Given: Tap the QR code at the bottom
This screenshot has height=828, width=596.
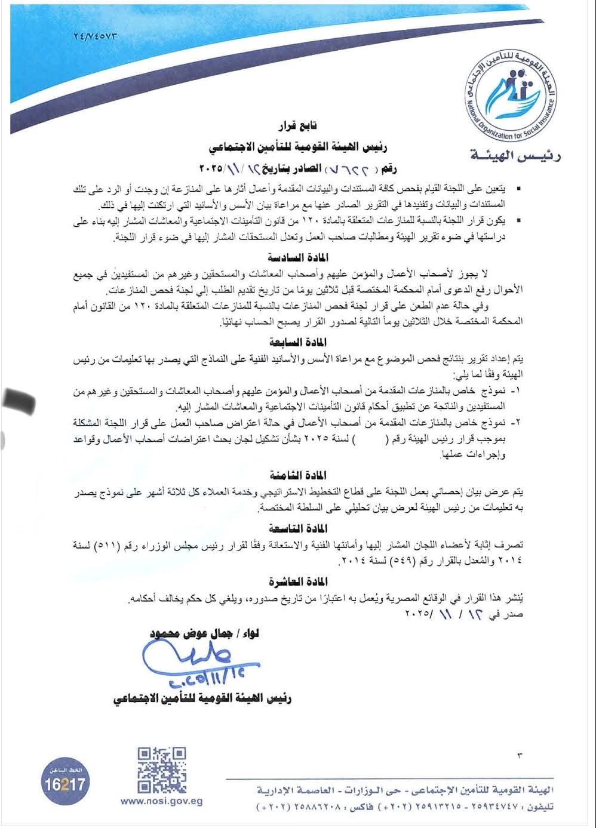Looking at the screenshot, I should click(162, 769).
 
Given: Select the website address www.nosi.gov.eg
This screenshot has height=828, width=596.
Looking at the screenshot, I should click(161, 802).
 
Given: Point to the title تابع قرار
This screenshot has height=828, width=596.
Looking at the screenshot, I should click(298, 127).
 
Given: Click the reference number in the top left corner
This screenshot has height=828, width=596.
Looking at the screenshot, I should click(94, 36).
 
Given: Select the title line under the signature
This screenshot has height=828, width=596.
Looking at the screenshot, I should click(202, 698).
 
